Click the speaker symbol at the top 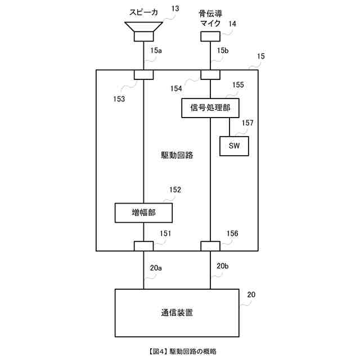click(x=144, y=31)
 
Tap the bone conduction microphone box click(x=210, y=36)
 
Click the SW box click(x=234, y=146)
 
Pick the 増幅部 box click(x=143, y=213)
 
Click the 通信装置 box click(x=177, y=312)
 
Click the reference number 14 click(x=232, y=24)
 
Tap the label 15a click(x=156, y=51)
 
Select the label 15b click(x=223, y=51)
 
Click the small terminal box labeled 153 click(x=143, y=75)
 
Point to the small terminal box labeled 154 click(x=210, y=75)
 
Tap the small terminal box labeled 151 click(x=143, y=245)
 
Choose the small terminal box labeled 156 click(x=210, y=245)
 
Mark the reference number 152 click(x=175, y=190)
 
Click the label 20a click(x=156, y=268)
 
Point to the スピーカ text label click(x=144, y=11)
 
